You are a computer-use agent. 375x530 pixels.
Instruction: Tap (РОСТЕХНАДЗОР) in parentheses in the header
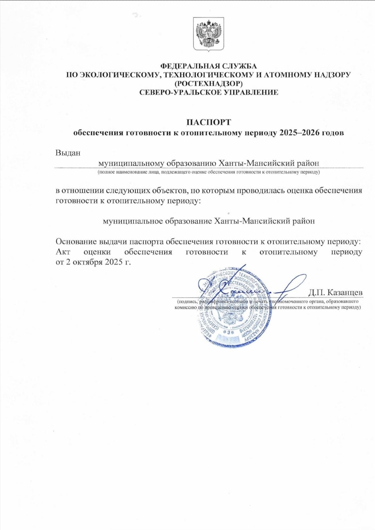coord(208,84)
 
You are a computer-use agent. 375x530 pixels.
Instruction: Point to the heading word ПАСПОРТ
coord(208,122)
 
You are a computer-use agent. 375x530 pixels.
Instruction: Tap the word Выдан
coord(68,152)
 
